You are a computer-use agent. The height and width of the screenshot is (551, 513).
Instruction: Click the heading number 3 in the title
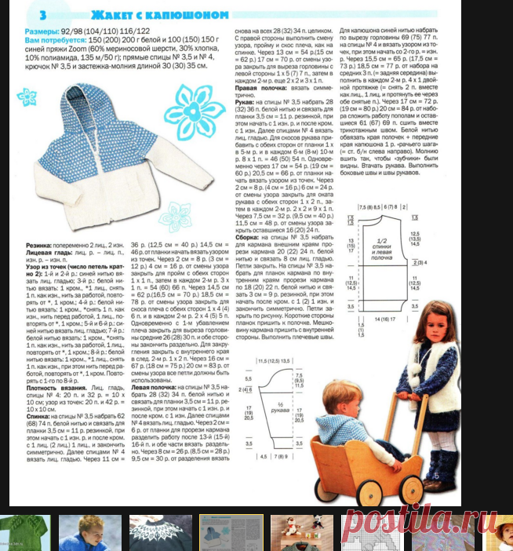[x=42, y=15]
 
